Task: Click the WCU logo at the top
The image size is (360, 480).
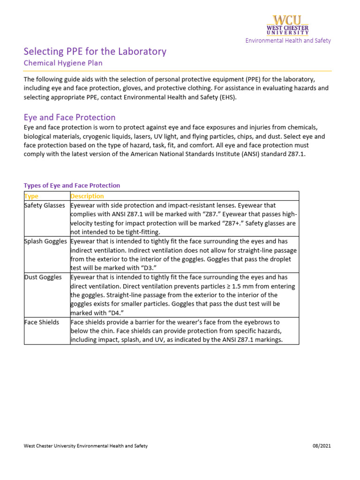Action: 288,25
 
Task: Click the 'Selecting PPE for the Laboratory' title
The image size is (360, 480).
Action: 95,51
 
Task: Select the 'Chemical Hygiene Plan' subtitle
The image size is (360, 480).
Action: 63,63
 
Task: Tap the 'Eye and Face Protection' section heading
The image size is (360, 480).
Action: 69,117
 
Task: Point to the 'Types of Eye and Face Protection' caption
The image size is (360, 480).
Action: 72,186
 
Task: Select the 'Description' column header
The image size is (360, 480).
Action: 87,196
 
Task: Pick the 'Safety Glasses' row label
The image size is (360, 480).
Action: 45,205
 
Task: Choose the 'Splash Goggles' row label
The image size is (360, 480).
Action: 46,241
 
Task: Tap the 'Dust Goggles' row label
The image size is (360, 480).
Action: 43,277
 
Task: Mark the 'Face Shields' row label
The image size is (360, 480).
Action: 42,322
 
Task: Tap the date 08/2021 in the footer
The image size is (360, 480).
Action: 322,446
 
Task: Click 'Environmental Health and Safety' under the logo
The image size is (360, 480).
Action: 288,41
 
